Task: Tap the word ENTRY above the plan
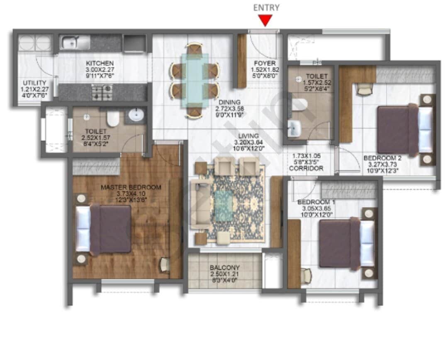click(266, 7)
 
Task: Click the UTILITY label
click(35, 83)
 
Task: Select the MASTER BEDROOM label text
click(131, 187)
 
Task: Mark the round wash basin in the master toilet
click(136, 115)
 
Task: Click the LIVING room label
click(248, 136)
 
